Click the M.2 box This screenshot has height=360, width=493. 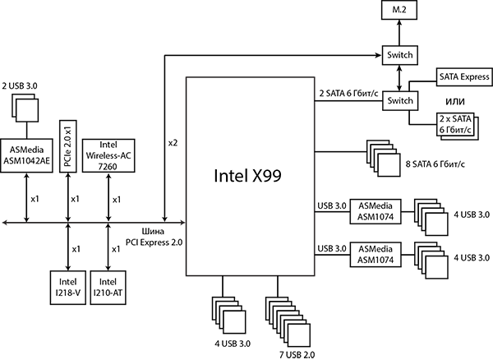coord(399,11)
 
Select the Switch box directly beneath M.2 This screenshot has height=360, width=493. coord(399,56)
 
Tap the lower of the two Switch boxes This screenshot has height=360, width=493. coord(399,100)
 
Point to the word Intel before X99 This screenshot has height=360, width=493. coord(229,176)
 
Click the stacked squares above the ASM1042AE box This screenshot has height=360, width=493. coord(25,108)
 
